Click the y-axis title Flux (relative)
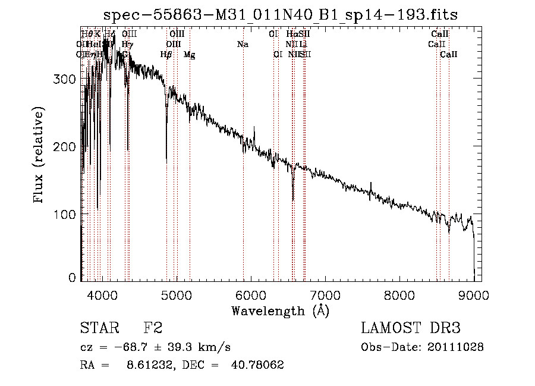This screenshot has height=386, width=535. (40, 156)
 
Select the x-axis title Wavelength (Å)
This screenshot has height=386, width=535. (280, 310)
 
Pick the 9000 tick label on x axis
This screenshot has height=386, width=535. (473, 294)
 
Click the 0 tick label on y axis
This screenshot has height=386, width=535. (73, 277)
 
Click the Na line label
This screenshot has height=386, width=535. (243, 45)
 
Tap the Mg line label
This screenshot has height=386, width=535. (189, 55)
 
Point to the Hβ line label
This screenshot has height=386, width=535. (166, 55)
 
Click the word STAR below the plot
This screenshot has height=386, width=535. (99, 328)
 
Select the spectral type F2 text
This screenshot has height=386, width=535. (153, 328)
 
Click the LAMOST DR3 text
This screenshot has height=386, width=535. (411, 328)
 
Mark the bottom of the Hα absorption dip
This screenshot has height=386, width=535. (293, 200)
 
